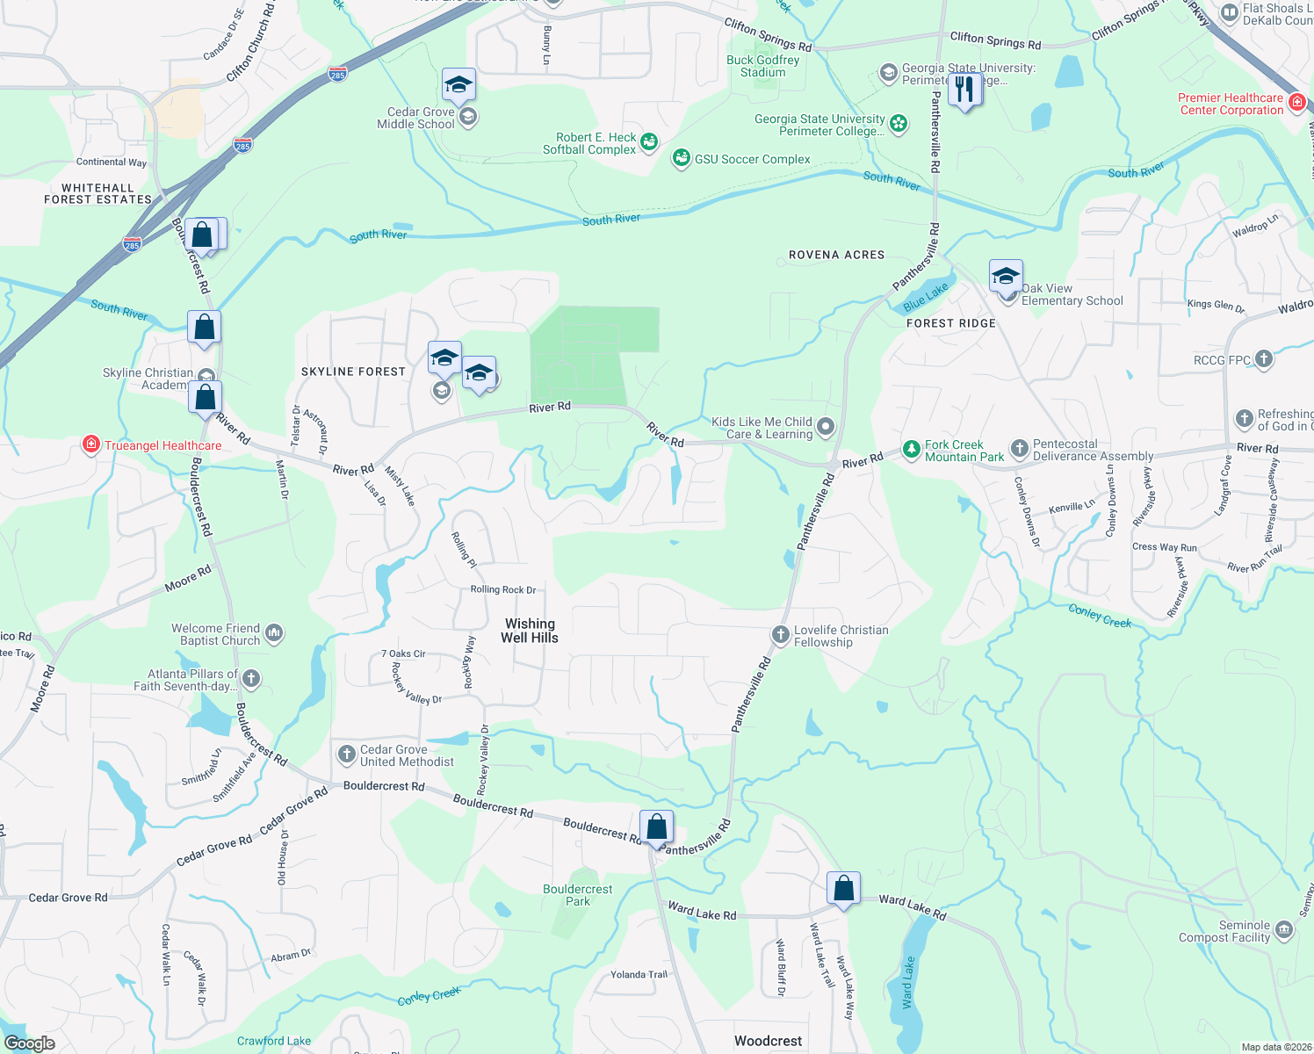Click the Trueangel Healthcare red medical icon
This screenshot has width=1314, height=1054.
coord(90,445)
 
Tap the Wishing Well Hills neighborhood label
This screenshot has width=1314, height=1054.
coord(530,631)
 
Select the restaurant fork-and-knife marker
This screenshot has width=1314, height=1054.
coord(964,89)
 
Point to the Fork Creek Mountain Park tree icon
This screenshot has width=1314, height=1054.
coord(912,451)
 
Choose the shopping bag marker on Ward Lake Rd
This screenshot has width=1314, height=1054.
coord(843,889)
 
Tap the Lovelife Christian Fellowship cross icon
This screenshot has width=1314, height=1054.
coord(780,635)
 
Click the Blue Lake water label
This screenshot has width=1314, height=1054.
coord(926,297)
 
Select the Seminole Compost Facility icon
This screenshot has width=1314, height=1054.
coord(1283,930)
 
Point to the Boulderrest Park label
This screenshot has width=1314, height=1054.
coord(577,895)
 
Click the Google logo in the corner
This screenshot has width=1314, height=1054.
coord(30,1043)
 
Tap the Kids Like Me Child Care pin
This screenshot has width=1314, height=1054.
coord(825,427)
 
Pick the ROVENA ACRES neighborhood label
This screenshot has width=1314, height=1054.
coord(836,255)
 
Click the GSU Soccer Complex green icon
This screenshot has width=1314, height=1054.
coord(681,158)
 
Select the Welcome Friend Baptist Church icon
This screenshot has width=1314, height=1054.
coord(273,632)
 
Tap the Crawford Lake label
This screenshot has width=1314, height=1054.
coord(273,1041)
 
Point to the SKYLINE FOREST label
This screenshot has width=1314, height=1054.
coord(353,372)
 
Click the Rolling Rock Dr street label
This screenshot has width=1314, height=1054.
coord(502,589)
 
